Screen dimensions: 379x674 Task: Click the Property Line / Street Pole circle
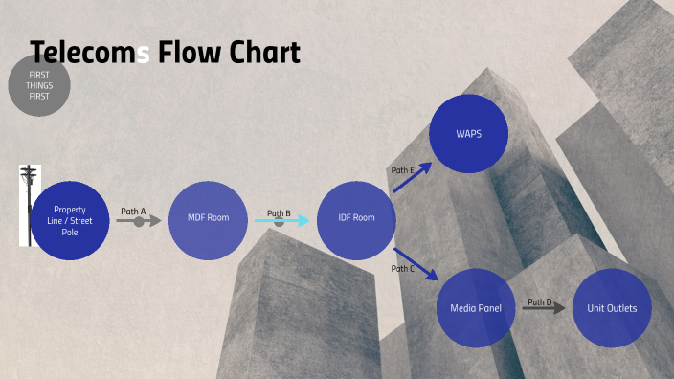point(70,220)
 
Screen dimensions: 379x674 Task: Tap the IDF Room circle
point(356,219)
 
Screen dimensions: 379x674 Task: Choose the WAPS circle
point(468,133)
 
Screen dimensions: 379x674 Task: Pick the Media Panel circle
point(476,308)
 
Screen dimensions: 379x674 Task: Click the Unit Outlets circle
point(612,308)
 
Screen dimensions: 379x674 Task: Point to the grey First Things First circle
point(39,85)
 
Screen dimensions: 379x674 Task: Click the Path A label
point(133,211)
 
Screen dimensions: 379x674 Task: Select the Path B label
point(279,213)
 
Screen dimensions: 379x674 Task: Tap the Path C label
point(402,269)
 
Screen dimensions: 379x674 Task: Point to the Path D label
point(540,301)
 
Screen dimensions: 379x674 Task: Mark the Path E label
point(402,170)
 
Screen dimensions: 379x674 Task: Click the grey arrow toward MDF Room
point(139,222)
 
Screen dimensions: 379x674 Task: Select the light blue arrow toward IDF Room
point(282,221)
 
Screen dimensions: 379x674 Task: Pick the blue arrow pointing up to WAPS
point(412,177)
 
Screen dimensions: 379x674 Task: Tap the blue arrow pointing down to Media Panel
point(416,263)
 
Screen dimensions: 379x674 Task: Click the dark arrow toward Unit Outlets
point(544,309)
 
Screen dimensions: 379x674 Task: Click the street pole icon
point(29,203)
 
